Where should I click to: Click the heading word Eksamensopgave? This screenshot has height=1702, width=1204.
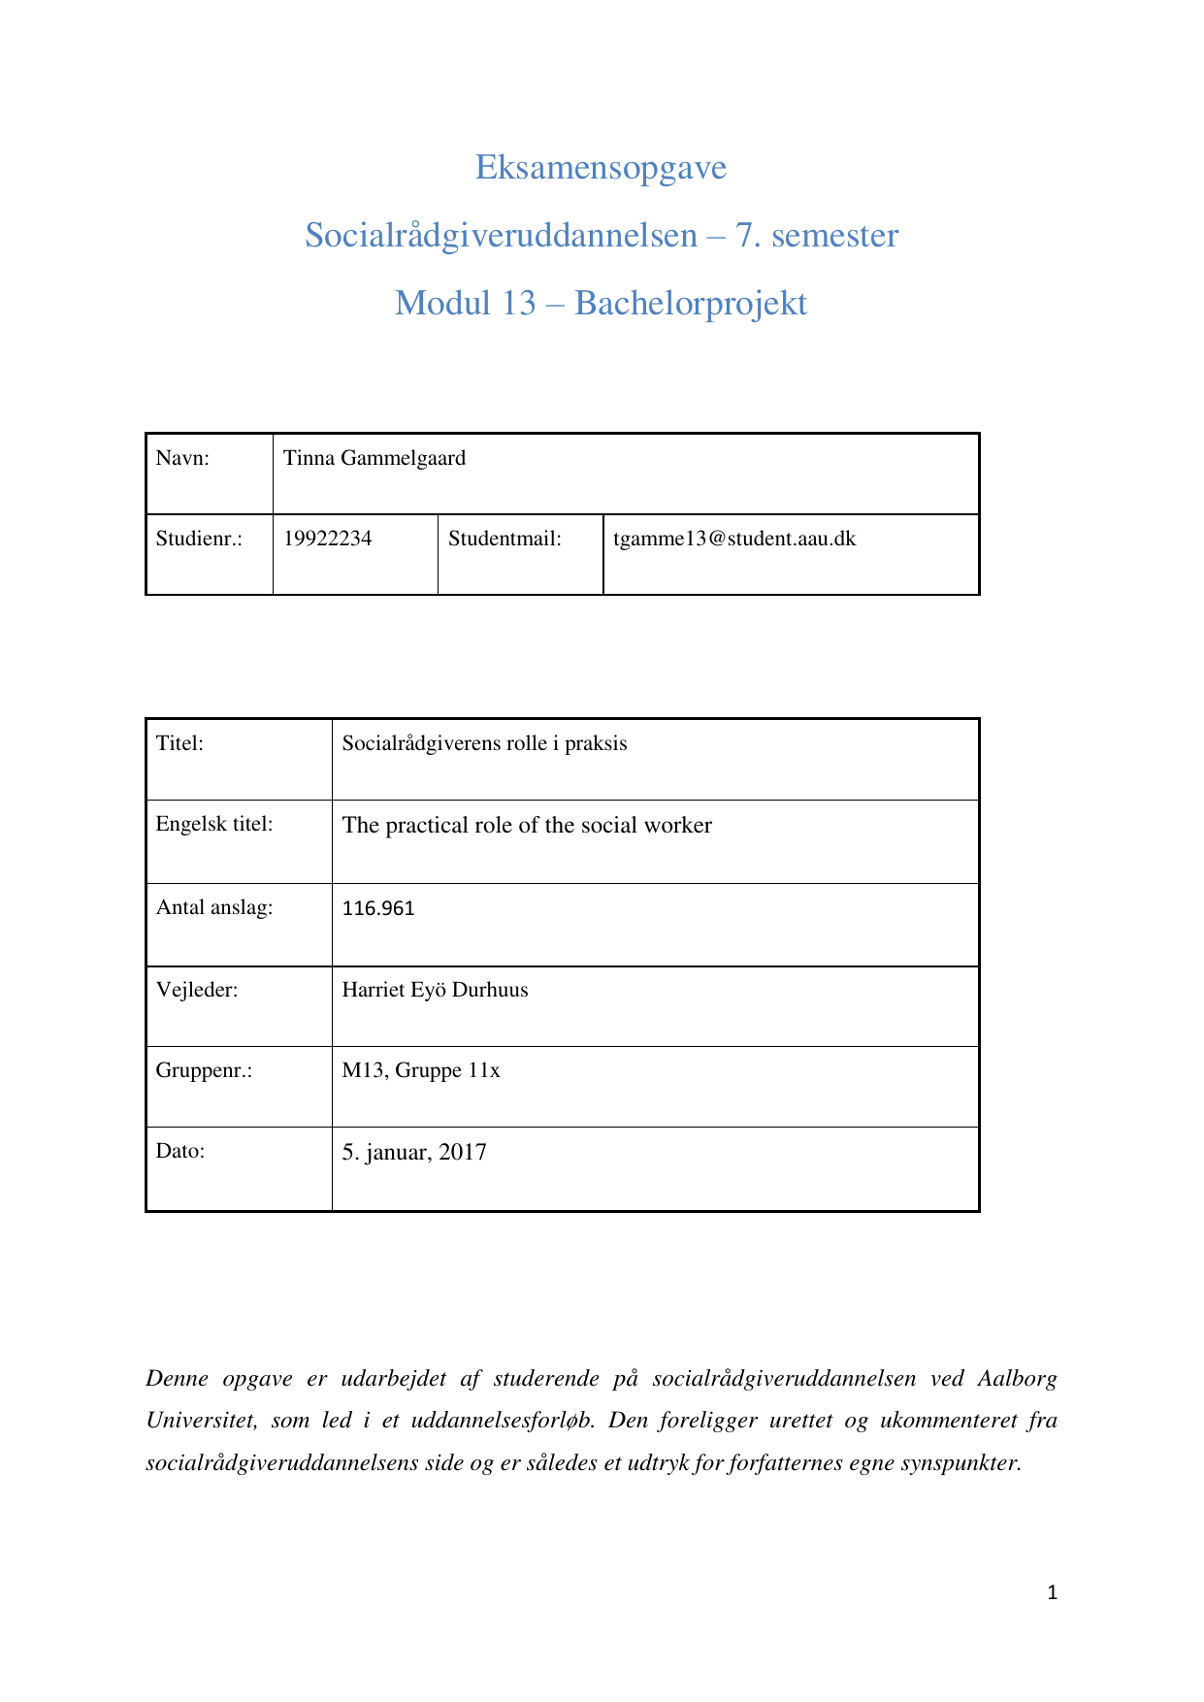[601, 168]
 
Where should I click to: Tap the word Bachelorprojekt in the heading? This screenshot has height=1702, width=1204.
[690, 304]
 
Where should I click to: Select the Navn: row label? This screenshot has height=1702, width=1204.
[182, 459]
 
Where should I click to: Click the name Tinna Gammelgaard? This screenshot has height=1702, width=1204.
[374, 459]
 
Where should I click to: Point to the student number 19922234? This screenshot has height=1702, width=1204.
[327, 540]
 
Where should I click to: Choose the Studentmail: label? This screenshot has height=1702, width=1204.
[504, 540]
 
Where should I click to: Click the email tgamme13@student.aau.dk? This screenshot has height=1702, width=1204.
[734, 540]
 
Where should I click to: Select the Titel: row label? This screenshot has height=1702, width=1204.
[179, 744]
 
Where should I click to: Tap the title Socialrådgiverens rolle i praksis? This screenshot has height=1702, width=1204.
[484, 744]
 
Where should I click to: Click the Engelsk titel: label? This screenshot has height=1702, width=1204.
[214, 825]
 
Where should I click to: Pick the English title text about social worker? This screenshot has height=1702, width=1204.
[527, 826]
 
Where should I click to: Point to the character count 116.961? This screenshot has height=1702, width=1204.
[378, 909]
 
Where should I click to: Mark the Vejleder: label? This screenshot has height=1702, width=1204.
[197, 991]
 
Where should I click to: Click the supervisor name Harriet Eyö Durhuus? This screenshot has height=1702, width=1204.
[435, 991]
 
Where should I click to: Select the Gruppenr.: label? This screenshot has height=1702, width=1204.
[204, 1071]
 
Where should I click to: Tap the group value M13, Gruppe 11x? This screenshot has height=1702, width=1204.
[421, 1071]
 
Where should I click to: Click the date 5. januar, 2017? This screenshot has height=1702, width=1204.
[414, 1153]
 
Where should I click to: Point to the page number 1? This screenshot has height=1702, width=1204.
[1053, 1592]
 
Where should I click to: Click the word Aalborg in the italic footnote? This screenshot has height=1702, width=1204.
[1017, 1379]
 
